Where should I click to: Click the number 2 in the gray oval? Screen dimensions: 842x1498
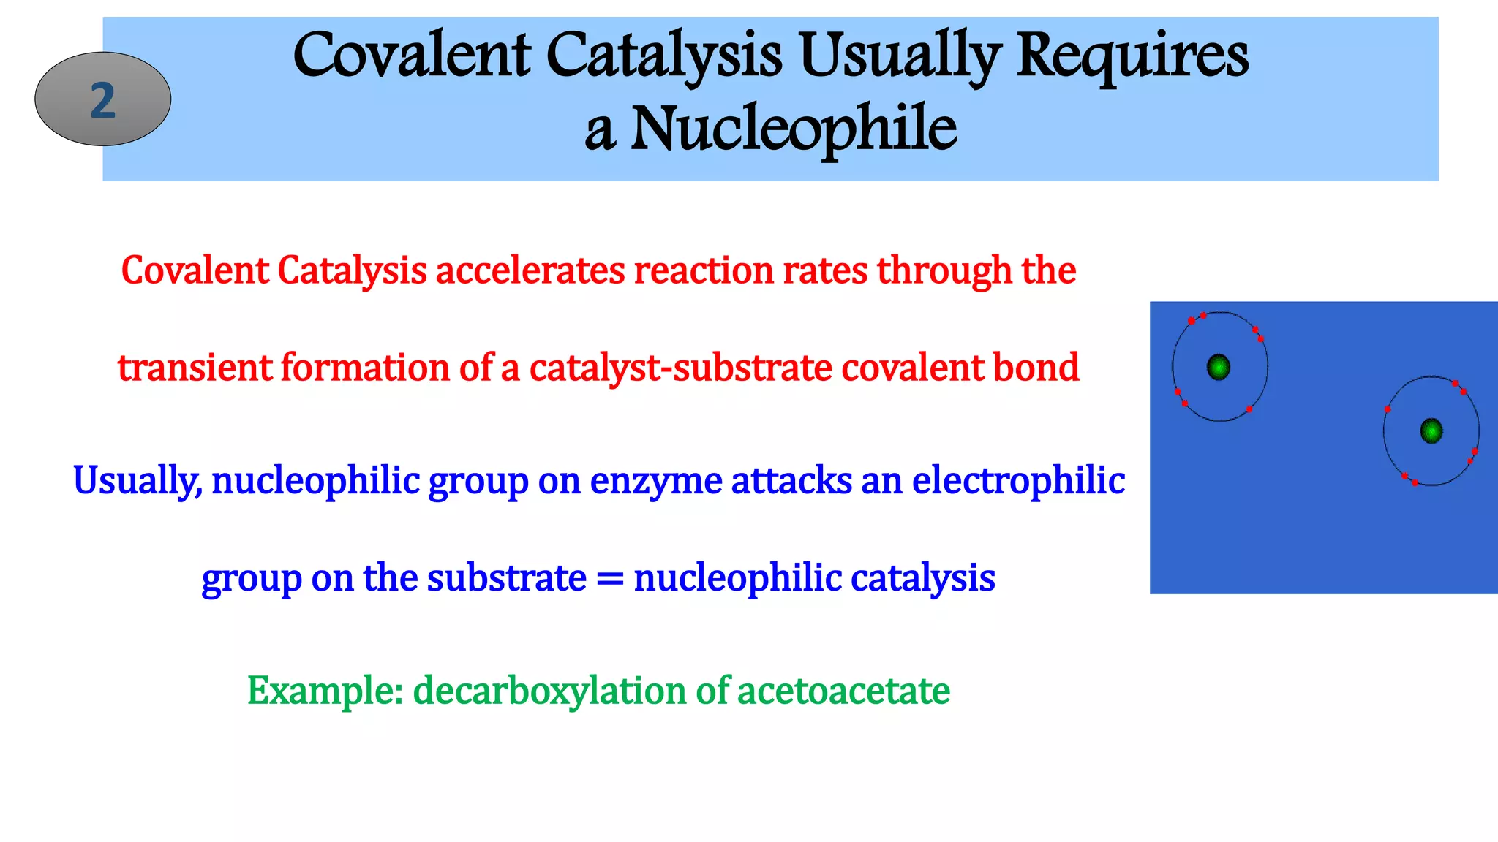click(102, 100)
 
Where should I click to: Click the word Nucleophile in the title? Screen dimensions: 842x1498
click(793, 129)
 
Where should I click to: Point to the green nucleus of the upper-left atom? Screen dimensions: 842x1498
click(1219, 367)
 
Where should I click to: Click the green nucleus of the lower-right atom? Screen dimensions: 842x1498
click(1431, 431)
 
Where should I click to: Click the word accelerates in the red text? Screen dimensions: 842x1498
click(531, 270)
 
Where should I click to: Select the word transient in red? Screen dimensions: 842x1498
click(195, 368)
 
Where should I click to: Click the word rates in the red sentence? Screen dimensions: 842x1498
click(825, 270)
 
